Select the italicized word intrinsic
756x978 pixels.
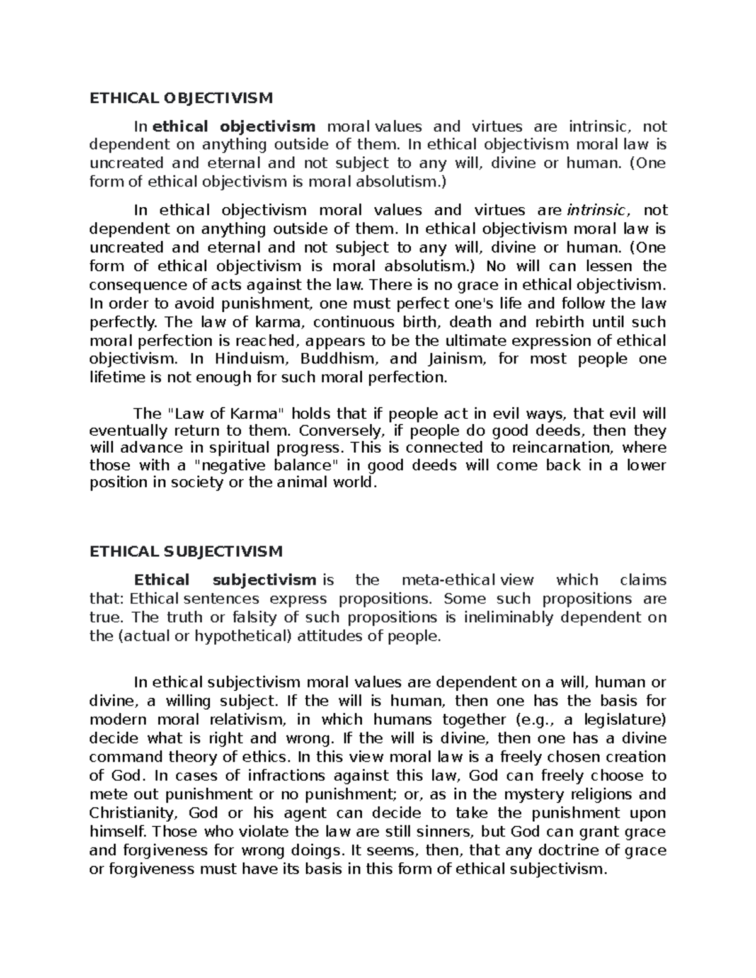pos(597,210)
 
